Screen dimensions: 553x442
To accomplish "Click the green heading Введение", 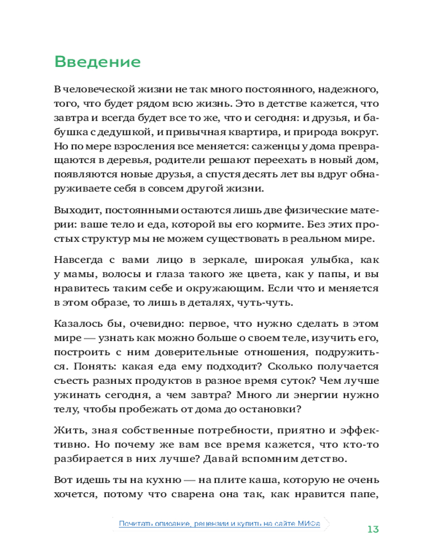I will point(97,61).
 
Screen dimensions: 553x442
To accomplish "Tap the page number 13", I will point(373,529).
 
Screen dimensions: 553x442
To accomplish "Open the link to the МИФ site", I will point(219,523).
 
